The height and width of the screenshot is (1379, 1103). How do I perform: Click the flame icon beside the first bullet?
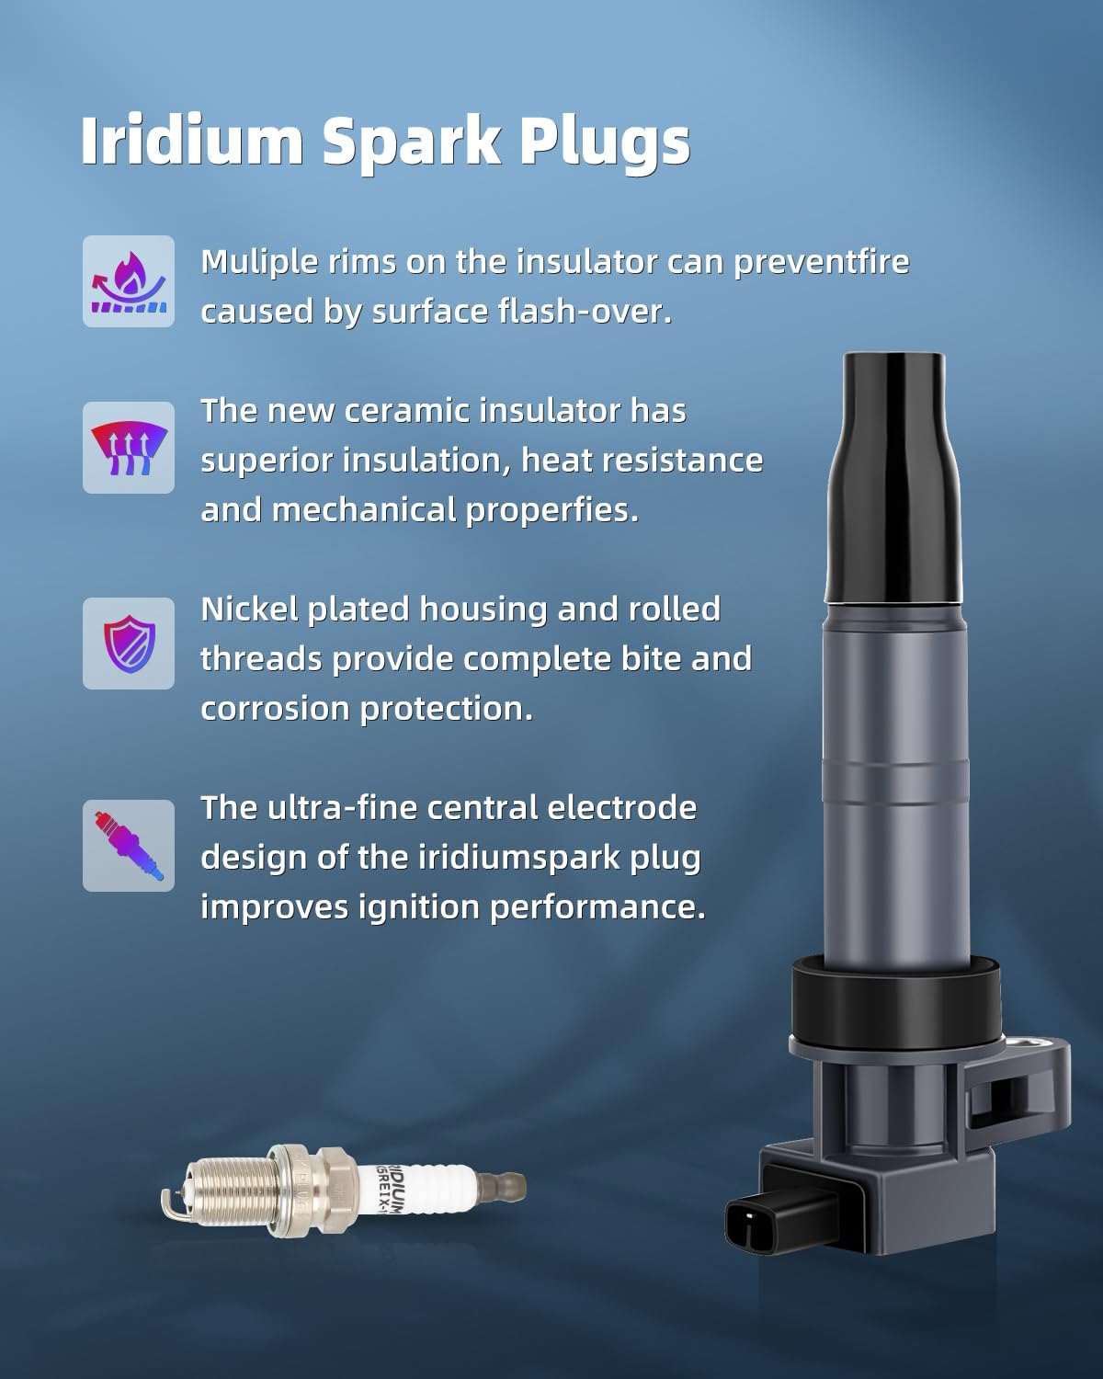coord(129,281)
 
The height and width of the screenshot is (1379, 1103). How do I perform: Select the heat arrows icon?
coord(129,448)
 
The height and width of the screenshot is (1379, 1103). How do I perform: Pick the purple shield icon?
coord(129,644)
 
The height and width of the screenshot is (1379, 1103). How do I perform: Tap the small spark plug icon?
coord(129,846)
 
